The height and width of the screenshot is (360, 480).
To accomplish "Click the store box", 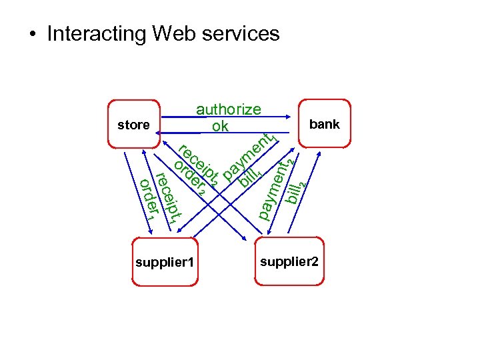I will coord(133,124).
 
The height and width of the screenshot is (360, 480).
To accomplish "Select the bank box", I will coord(324,124).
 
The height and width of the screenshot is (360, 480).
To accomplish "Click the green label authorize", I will coord(228,109).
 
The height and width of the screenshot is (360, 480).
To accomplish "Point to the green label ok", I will coord(219,125).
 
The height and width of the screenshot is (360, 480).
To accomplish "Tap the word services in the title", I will coord(239,33).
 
